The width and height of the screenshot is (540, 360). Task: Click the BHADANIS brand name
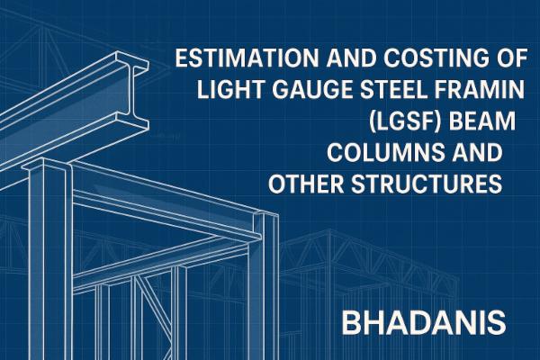coord(428,321)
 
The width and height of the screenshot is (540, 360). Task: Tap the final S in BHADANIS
coord(498,321)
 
